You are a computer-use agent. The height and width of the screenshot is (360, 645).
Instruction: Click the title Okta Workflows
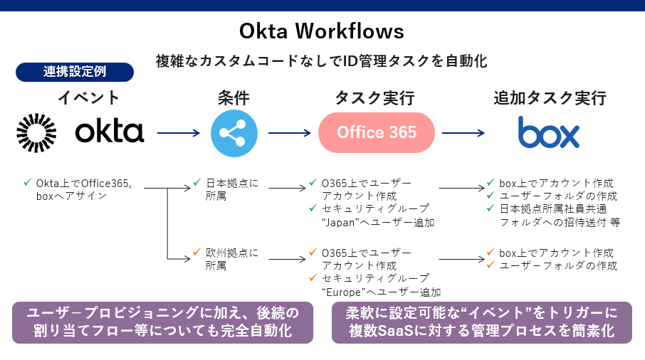point(322,31)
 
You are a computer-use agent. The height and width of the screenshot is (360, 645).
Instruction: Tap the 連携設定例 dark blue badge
point(75,71)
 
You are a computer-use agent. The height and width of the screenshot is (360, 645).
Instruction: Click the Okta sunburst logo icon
point(36,132)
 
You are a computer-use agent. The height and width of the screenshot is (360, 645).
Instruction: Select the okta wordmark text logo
point(110,132)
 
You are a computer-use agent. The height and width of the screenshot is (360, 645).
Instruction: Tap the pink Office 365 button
point(376,133)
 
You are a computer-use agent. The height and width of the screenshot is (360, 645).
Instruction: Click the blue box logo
point(548,132)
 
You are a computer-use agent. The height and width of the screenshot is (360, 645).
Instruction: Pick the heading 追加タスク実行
point(548,97)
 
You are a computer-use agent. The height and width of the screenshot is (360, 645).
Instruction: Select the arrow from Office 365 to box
point(463,133)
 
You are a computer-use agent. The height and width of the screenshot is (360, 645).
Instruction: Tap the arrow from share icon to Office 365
point(290,133)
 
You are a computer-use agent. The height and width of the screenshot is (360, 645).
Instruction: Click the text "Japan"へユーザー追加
point(378,222)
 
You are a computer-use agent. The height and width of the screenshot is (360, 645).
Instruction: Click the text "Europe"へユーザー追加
point(382,292)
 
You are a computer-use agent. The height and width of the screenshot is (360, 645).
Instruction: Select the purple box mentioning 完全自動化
point(162,322)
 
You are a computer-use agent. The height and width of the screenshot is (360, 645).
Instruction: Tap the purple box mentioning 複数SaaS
point(482,322)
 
